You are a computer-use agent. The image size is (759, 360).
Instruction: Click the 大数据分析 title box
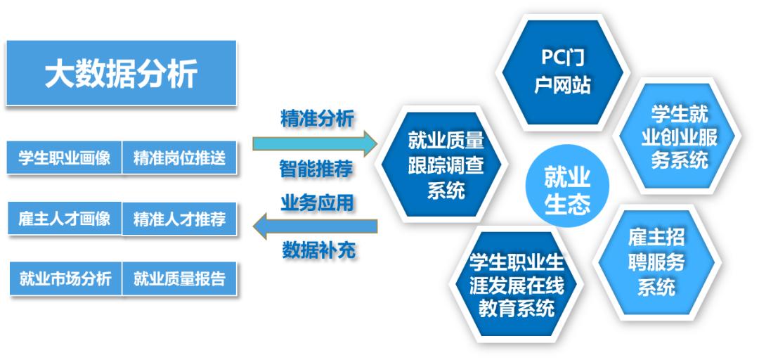pyautogui.click(x=121, y=72)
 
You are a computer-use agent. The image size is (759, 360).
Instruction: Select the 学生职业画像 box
pyautogui.click(x=65, y=157)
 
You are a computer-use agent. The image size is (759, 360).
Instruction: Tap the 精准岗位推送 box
pyautogui.click(x=179, y=157)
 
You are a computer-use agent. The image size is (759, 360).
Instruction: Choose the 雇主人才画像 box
pyautogui.click(x=65, y=219)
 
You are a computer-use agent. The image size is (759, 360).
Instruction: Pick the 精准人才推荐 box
pyautogui.click(x=179, y=219)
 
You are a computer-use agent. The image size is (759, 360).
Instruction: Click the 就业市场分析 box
pyautogui.click(x=66, y=278)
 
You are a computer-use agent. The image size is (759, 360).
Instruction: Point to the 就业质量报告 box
pyautogui.click(x=179, y=278)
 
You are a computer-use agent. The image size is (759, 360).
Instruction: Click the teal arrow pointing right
pyautogui.click(x=315, y=143)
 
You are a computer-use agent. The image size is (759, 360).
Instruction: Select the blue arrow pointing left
pyautogui.click(x=315, y=226)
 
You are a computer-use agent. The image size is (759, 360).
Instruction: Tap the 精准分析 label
pyautogui.click(x=317, y=118)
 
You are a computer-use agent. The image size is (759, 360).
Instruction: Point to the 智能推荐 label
pyautogui.click(x=316, y=169)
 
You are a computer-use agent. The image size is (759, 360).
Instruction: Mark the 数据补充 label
pyautogui.click(x=318, y=250)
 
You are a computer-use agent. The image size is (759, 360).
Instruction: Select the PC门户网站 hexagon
pyautogui.click(x=562, y=72)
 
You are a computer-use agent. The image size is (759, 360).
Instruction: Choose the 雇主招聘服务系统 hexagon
pyautogui.click(x=656, y=262)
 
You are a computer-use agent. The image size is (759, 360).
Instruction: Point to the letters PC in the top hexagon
pyautogui.click(x=551, y=58)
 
